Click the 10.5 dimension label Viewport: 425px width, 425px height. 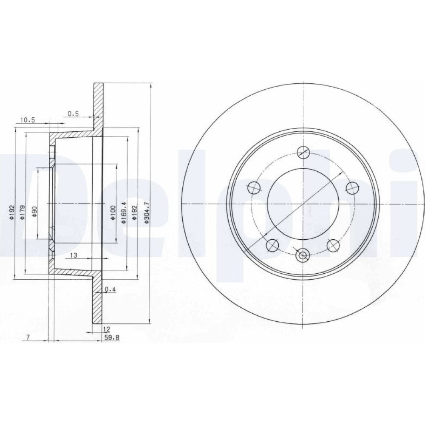point(28,120)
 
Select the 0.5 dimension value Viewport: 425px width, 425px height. point(73,114)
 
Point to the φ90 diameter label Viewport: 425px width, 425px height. point(34,211)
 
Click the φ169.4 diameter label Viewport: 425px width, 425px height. point(124,213)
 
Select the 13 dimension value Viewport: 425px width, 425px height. point(74,255)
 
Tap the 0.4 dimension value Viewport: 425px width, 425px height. point(110,289)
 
